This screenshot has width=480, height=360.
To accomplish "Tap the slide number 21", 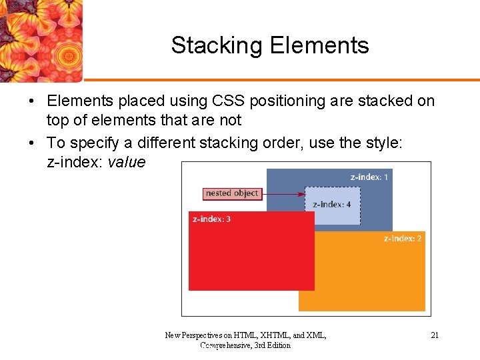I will click(x=435, y=335).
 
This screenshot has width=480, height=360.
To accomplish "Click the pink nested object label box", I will click(x=232, y=193).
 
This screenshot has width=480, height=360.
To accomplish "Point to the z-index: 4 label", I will click(x=332, y=204).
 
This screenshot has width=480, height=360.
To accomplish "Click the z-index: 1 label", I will click(x=369, y=177).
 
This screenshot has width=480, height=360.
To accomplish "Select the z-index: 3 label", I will click(x=211, y=219).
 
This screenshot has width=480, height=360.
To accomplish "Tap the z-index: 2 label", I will click(x=403, y=238).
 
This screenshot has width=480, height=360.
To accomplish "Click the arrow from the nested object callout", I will click(x=283, y=194).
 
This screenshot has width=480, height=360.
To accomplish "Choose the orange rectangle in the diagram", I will click(x=373, y=280).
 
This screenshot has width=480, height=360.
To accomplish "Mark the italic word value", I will click(x=125, y=162).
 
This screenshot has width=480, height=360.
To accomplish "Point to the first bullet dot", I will click(x=31, y=101).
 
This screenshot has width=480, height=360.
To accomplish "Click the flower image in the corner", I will click(x=40, y=40).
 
